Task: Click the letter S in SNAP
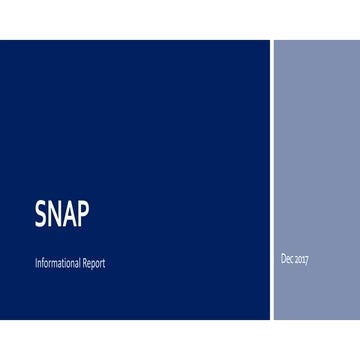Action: click(x=39, y=214)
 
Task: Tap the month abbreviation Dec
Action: click(x=288, y=260)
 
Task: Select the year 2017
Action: click(x=301, y=260)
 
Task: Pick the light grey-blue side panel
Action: click(x=316, y=150)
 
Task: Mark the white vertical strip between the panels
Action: click(x=271, y=180)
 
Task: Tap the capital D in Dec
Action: click(x=284, y=260)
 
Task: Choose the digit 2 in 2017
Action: click(x=296, y=260)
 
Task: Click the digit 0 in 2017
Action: click(x=300, y=260)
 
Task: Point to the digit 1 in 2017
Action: click(x=303, y=260)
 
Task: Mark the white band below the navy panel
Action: click(x=180, y=340)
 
